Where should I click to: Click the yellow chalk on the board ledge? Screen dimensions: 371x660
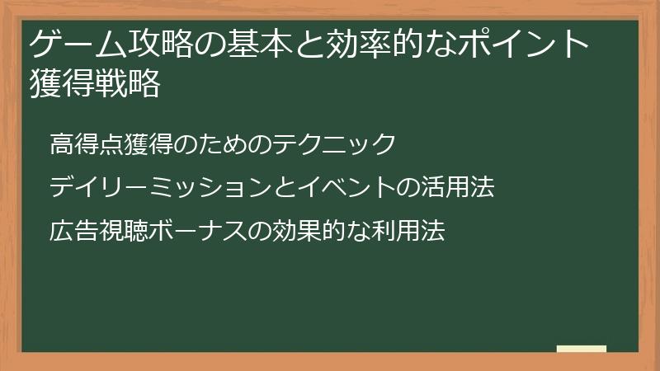582,349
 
